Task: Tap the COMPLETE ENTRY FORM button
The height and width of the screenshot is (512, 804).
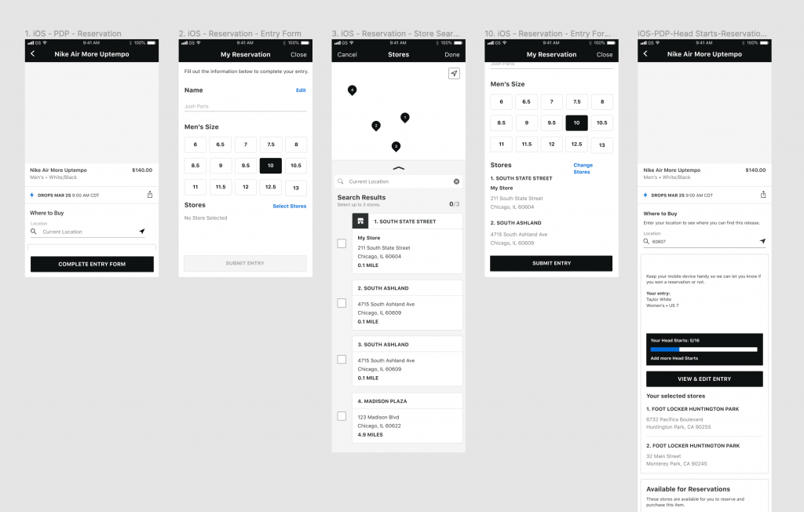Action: (x=92, y=264)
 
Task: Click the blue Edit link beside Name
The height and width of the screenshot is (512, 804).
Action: (x=301, y=90)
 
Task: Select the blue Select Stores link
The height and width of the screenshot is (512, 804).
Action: (x=289, y=206)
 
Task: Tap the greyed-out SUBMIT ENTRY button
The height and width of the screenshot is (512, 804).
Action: (x=245, y=263)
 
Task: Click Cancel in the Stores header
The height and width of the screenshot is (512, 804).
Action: (x=347, y=55)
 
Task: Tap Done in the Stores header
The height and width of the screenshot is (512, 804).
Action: (x=451, y=55)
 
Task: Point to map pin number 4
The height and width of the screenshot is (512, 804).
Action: (x=352, y=90)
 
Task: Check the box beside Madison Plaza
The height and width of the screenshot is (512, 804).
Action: (x=342, y=415)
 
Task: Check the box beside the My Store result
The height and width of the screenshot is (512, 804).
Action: (x=342, y=243)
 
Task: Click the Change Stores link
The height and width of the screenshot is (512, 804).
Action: (x=583, y=168)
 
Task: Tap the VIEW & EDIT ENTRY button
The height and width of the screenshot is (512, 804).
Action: (x=704, y=379)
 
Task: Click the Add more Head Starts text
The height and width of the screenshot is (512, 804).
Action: (x=674, y=358)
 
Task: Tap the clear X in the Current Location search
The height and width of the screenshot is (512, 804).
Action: (x=456, y=181)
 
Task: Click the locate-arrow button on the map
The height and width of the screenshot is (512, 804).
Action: (x=454, y=73)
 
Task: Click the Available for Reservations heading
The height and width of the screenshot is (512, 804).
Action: (x=688, y=489)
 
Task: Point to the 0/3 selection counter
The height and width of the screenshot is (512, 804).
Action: (x=453, y=203)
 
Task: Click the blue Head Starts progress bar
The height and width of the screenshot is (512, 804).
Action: (x=665, y=349)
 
